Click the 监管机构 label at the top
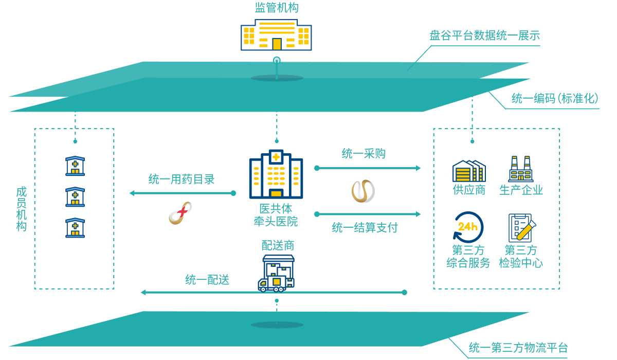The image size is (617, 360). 276,8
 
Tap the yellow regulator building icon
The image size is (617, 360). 276,35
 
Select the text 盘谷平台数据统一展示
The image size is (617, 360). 484,35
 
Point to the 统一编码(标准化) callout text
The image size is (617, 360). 555,98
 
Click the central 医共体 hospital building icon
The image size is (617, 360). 276,174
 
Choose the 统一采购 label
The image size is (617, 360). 364,153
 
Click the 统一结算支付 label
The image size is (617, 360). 365,227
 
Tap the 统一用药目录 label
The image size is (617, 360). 182,179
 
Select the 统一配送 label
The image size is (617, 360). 207,280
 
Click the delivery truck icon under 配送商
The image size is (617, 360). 277,274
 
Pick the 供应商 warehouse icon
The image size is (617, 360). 468,171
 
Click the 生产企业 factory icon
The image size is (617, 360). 520,169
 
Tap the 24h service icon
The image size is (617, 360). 468,227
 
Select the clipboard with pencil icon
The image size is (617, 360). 521,227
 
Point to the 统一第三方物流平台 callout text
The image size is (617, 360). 518,348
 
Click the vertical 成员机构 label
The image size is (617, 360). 21,209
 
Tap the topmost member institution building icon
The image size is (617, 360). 75,166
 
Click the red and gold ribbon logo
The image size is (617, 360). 180,213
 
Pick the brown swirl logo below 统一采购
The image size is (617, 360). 362,191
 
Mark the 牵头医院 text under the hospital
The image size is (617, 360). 276,222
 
